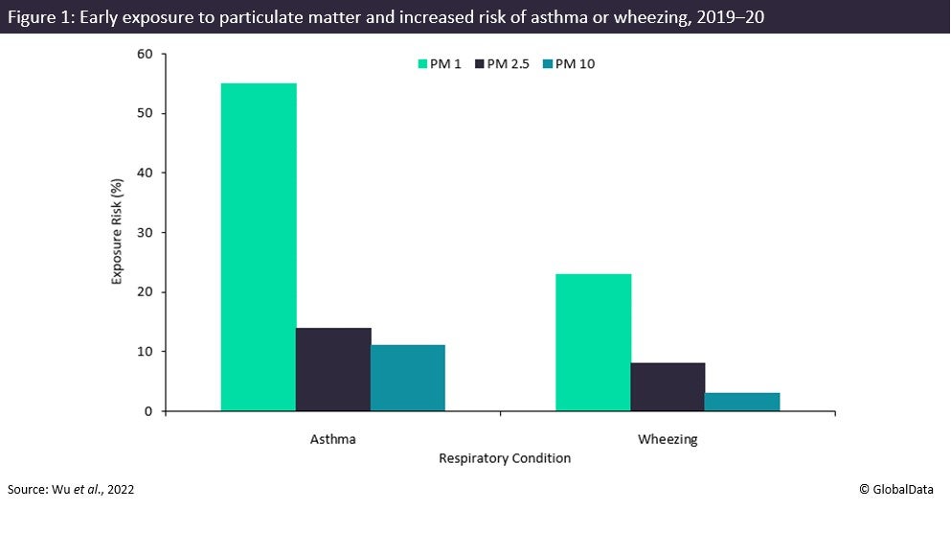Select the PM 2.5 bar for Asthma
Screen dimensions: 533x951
[333, 369]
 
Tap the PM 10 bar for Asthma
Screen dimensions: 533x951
[408, 378]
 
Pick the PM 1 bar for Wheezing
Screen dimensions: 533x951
[594, 342]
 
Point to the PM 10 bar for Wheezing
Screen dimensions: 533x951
[742, 402]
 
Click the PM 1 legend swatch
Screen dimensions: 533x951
[422, 64]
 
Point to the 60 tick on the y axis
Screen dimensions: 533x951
[146, 54]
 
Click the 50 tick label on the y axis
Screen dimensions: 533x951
[146, 113]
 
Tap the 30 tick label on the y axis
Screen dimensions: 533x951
[146, 233]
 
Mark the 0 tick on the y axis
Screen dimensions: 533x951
[149, 411]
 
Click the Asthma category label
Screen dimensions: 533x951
[333, 440]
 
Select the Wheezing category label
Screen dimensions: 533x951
[668, 440]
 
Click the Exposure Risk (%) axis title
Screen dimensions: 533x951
[117, 231]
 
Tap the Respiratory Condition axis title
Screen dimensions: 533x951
[505, 458]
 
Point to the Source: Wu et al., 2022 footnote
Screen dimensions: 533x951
[71, 489]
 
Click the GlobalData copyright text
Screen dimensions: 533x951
[900, 489]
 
